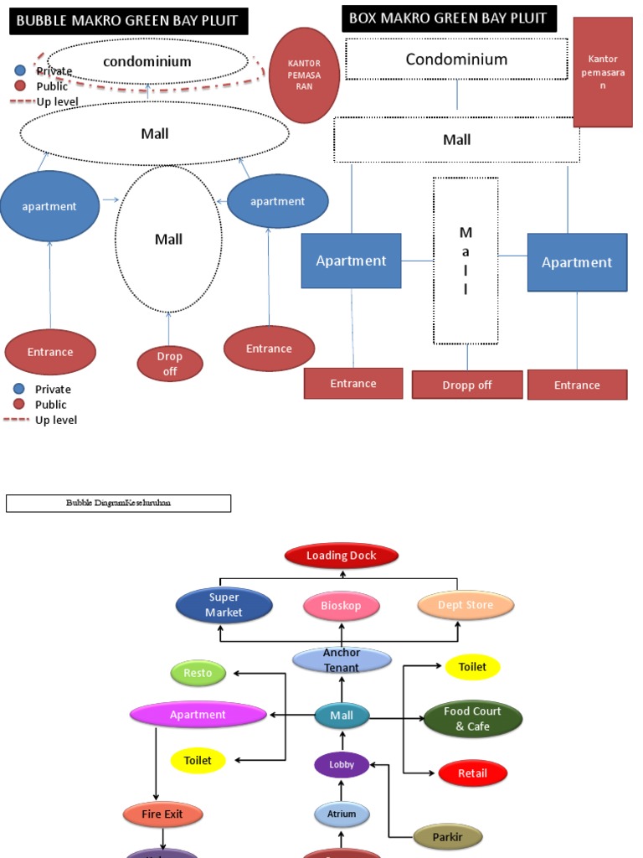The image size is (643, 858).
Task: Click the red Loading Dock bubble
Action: [342, 556]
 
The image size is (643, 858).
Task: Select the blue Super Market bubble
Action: [224, 605]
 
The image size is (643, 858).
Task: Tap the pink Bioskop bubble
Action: [342, 606]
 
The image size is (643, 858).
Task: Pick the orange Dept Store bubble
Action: [466, 605]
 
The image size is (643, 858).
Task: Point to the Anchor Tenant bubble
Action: [342, 660]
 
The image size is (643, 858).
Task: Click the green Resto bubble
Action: [198, 673]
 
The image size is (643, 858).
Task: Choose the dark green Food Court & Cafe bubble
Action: [472, 719]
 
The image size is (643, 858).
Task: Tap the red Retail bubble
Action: [472, 773]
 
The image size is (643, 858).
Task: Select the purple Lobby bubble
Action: [342, 764]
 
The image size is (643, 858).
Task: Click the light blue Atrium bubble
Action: [342, 814]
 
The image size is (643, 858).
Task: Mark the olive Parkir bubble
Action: [449, 835]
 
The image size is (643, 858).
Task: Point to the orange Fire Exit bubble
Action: [163, 814]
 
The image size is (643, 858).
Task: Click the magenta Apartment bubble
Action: [198, 715]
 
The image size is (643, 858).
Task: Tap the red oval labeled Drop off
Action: [170, 364]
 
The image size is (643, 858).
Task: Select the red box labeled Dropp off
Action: [467, 385]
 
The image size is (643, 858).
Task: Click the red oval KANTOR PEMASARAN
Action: [304, 75]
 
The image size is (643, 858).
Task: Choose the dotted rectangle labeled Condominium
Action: [456, 59]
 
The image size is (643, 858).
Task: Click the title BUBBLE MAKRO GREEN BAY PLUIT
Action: [128, 21]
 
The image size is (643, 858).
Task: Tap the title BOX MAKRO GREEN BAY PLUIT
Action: [448, 18]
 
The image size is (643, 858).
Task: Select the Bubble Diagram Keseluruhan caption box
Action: [118, 504]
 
